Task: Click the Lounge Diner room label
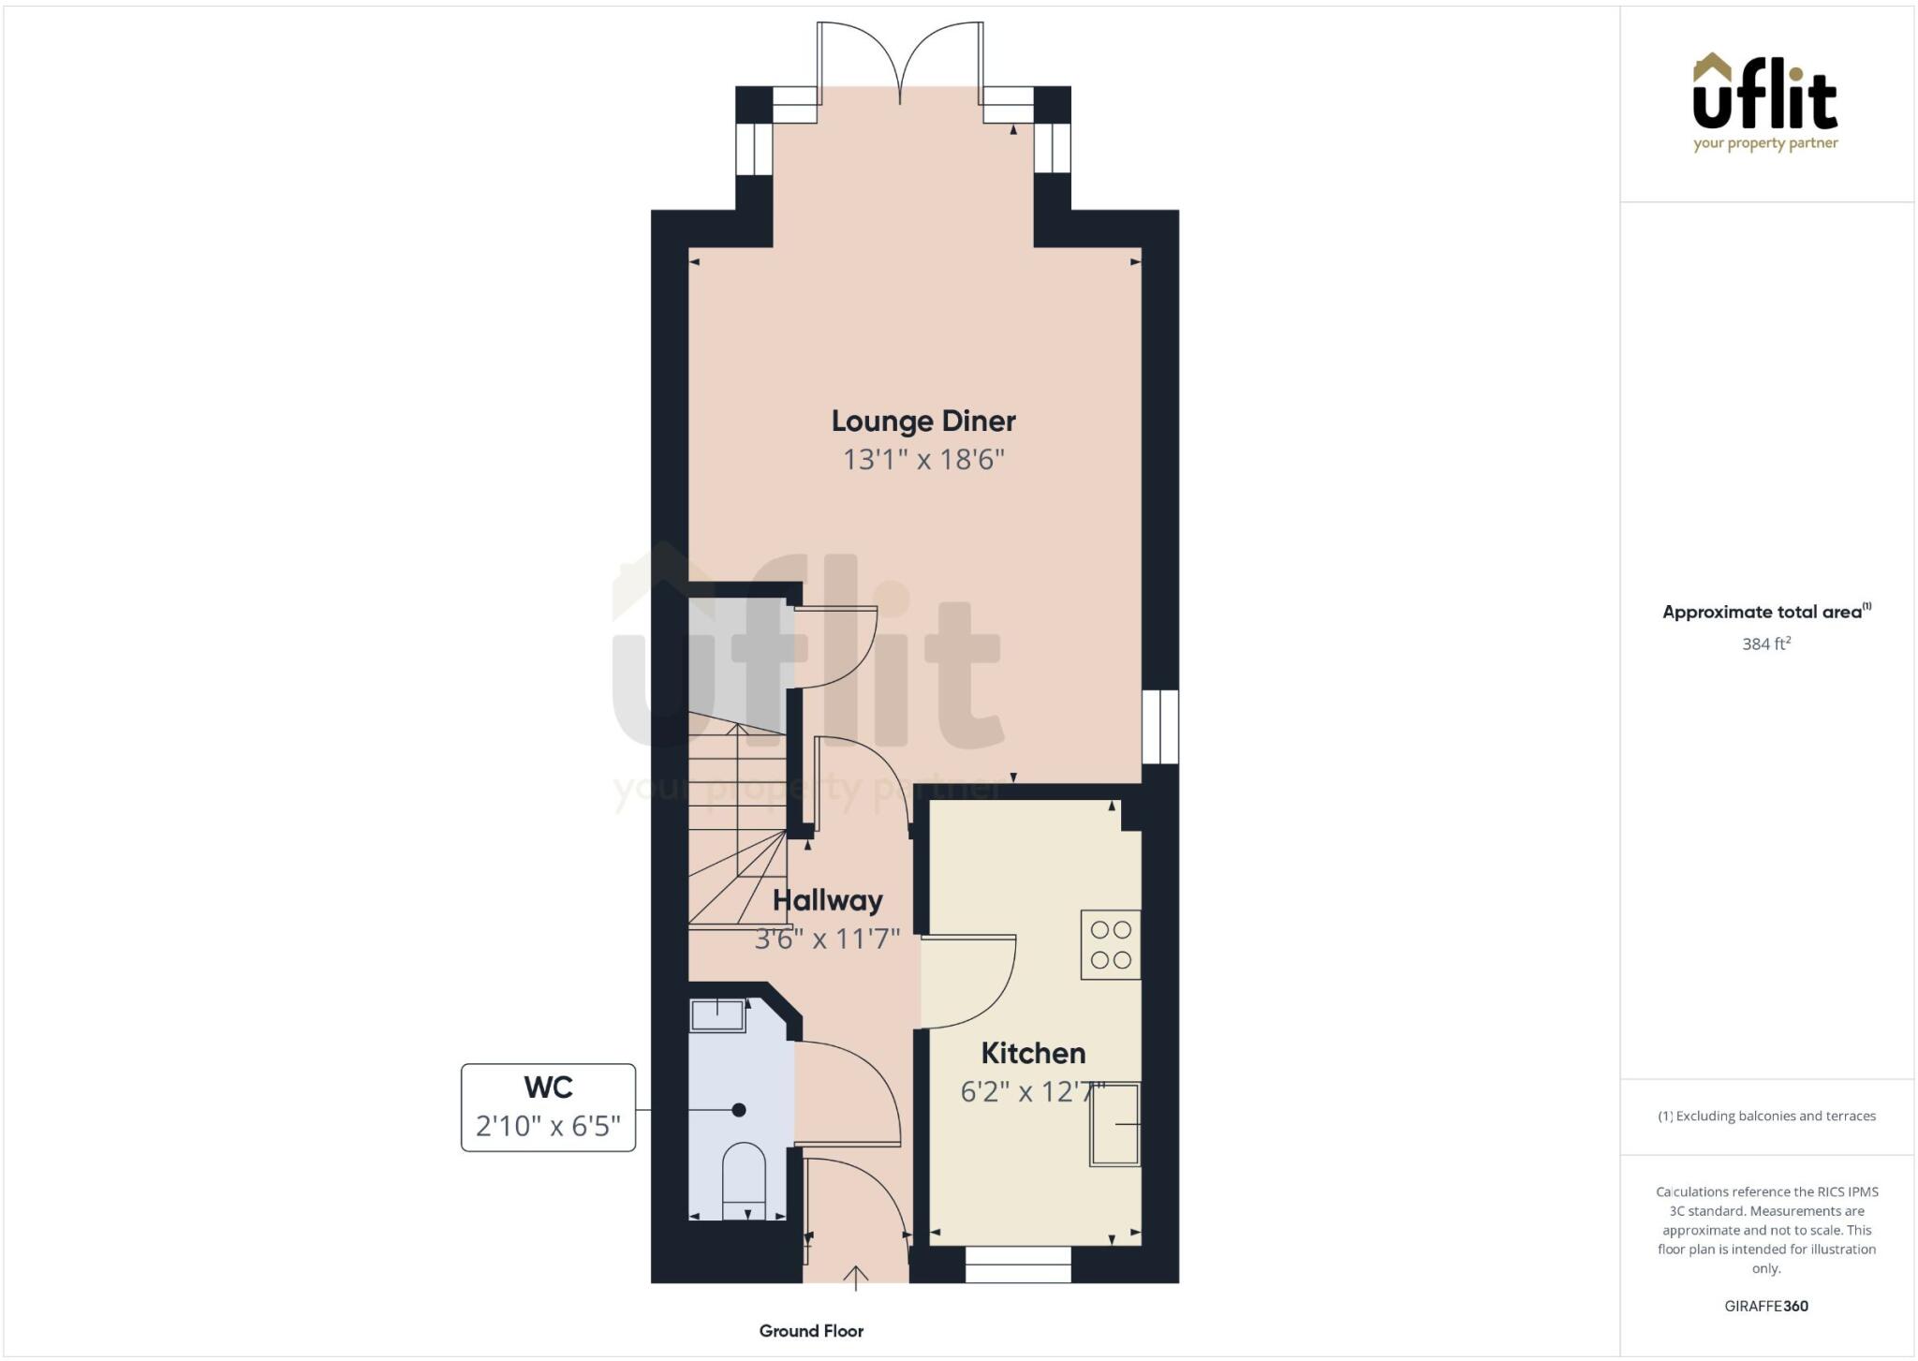pos(922,422)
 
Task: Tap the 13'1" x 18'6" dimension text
pos(923,460)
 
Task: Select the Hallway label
pos(828,901)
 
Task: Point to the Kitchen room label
pos(1033,1054)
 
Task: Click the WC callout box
pos(548,1107)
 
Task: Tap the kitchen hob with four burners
pos(1111,944)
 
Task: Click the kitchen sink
pos(1114,1124)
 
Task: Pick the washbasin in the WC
pos(717,1014)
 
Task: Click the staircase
pos(737,824)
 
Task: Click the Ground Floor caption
pos(811,1331)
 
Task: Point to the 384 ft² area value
pos(1766,644)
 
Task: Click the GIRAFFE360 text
pos(1766,1306)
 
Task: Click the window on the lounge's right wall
pos(1160,727)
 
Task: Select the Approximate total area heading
pos(1764,612)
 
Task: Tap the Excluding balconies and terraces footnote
pos(1767,1116)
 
